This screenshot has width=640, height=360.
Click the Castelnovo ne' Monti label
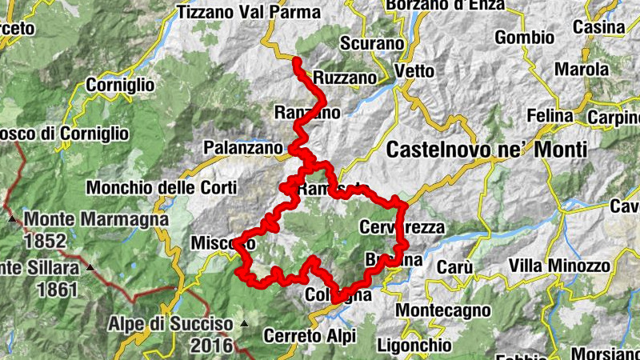point(486,150)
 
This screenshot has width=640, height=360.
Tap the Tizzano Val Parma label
point(250,12)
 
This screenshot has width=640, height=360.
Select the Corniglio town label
point(119,83)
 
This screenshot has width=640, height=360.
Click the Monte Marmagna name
point(96,218)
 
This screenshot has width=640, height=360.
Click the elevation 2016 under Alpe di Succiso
point(211,346)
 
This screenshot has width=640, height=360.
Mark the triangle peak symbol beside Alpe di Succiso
point(244,324)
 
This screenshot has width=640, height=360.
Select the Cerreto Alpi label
point(309,336)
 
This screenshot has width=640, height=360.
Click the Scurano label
point(371,43)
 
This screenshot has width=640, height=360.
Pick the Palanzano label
point(243,148)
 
